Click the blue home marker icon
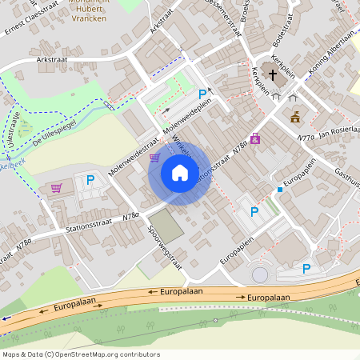point(180,173)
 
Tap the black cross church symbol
point(273,77)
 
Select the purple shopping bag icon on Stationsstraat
point(255,138)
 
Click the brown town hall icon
point(295,117)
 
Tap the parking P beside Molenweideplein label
point(202,94)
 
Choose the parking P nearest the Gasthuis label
point(306,270)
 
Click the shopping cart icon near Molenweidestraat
point(154,158)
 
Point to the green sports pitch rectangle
point(166,225)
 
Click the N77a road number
point(305,138)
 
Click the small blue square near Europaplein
point(279,190)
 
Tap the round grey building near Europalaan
point(260,275)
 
